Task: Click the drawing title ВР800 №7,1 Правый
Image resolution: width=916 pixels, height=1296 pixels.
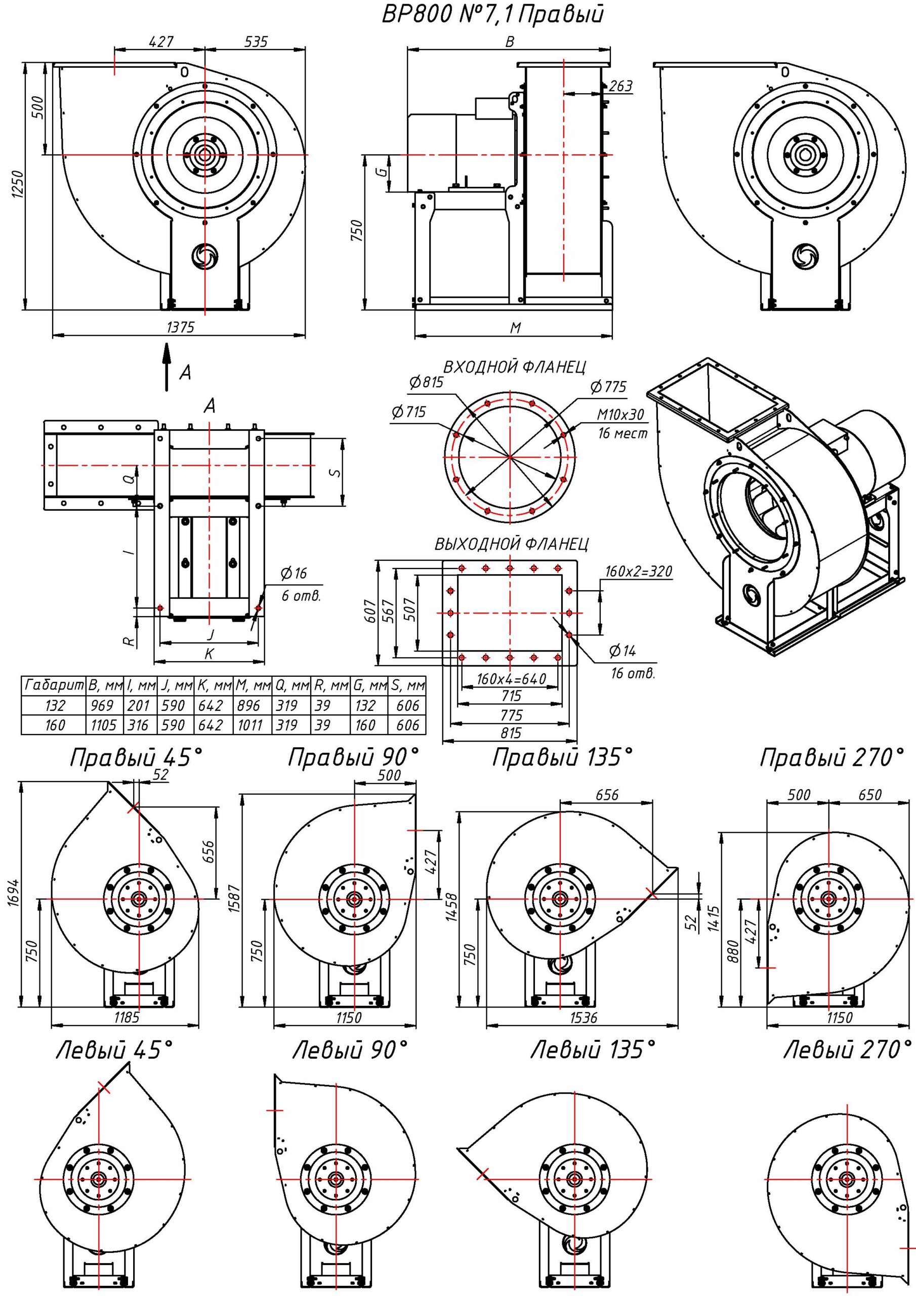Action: point(492,15)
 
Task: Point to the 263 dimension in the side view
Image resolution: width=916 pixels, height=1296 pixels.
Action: point(621,86)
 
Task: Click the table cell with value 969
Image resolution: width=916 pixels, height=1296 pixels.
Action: point(102,705)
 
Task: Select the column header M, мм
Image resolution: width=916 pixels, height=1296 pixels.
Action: point(253,686)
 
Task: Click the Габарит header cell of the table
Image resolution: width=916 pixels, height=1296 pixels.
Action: point(54,686)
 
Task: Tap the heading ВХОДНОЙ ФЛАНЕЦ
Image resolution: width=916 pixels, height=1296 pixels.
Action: point(514,367)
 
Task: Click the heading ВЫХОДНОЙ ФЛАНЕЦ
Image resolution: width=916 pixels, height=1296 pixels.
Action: point(512,544)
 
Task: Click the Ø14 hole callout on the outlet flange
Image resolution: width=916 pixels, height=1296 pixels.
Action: point(622,652)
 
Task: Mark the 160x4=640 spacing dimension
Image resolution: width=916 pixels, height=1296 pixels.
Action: point(510,678)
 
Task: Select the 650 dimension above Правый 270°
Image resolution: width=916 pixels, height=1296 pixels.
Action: point(869,795)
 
